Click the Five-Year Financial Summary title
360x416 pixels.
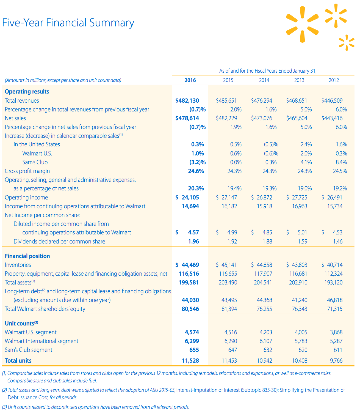point(68,23)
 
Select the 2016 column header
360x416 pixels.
point(190,80)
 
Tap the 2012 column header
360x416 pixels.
point(334,80)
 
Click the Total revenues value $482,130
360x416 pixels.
point(187,101)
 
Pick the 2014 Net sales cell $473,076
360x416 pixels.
point(262,118)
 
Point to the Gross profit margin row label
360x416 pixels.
point(27,171)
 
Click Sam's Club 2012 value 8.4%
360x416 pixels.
point(341,162)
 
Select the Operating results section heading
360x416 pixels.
point(27,92)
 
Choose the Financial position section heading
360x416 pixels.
point(27,256)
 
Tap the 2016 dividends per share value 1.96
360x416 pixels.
point(193,242)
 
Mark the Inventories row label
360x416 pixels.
point(18,265)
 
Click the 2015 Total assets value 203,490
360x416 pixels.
point(228,283)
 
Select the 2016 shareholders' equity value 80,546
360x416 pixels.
point(190,309)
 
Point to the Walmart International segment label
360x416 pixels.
point(41,341)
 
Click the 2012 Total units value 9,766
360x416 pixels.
point(336,361)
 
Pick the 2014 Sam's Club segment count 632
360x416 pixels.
point(267,350)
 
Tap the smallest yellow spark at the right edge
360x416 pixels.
point(347,43)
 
